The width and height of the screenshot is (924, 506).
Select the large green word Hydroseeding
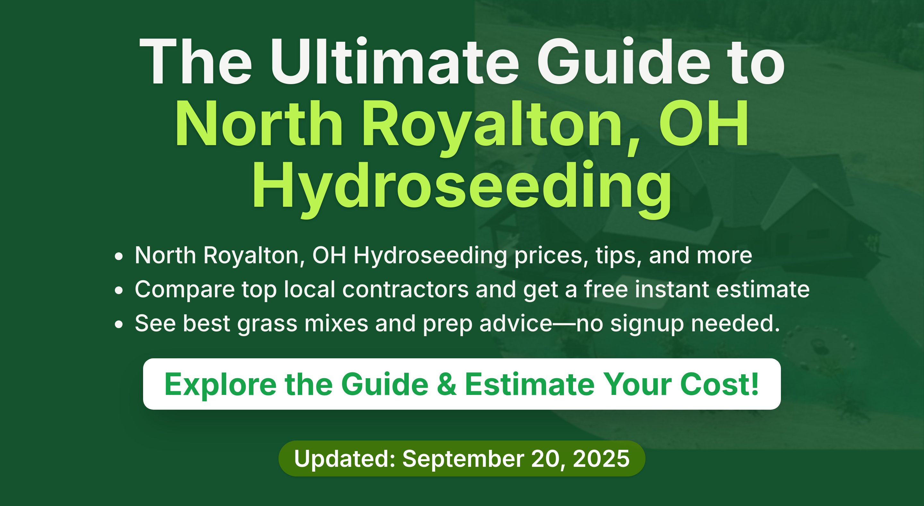(462, 189)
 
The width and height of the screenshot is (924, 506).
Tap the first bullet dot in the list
(119, 257)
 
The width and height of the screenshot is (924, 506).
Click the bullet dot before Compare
(119, 291)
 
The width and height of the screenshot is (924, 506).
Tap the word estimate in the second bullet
(763, 289)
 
